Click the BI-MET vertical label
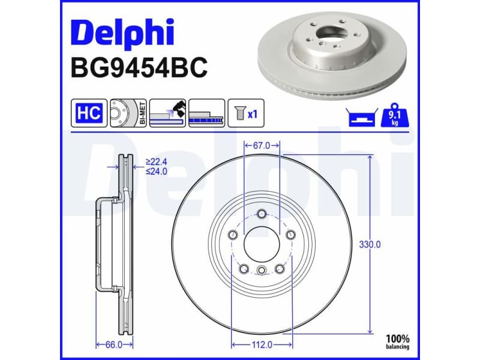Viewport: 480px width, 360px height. (142, 113)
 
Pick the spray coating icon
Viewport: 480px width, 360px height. (167, 113)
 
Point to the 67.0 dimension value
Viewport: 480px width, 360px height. (263, 145)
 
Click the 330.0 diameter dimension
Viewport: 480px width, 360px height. (370, 245)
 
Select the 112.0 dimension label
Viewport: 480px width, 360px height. (262, 344)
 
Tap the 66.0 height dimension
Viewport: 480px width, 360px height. (114, 344)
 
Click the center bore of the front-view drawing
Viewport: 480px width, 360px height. (262, 244)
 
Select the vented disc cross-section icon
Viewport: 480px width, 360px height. (206, 113)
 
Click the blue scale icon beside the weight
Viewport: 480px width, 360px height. (361, 118)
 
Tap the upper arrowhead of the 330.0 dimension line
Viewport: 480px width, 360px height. (370, 158)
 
